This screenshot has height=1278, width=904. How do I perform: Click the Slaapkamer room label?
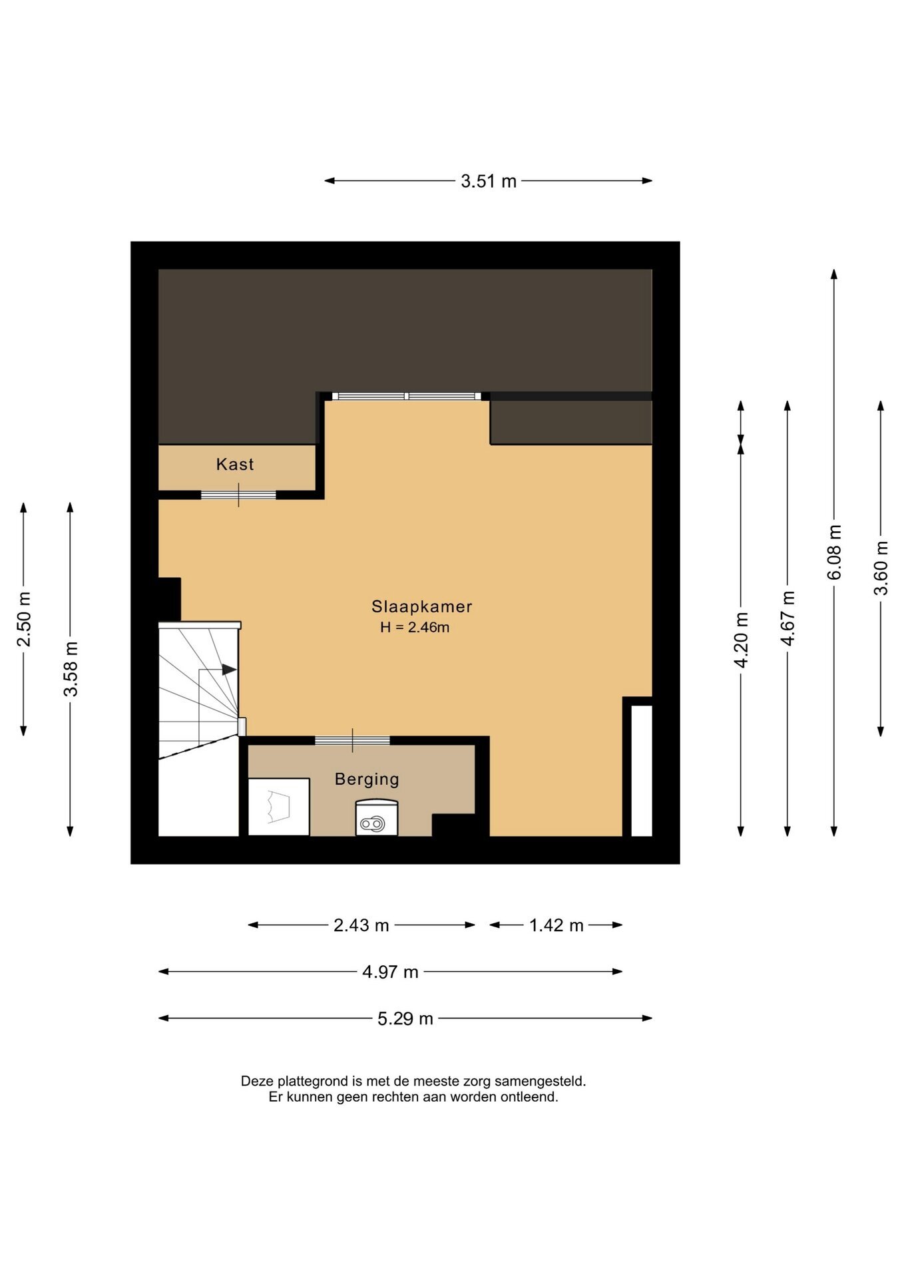pos(421,606)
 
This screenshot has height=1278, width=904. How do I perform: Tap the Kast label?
pos(235,464)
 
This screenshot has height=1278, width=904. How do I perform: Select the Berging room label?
pos(367,779)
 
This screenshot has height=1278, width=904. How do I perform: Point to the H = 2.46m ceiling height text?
pos(415,627)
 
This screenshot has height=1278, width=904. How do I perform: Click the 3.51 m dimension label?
pos(489,181)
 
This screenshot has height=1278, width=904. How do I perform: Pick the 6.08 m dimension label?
pos(834,552)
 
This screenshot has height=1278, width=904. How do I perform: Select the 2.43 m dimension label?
pos(361,925)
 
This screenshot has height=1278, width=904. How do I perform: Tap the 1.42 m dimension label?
pos(557,925)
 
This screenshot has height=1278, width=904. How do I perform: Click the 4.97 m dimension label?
pos(391,972)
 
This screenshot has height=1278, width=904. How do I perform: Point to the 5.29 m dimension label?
pos(405,1018)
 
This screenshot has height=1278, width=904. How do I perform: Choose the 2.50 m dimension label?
pos(24,619)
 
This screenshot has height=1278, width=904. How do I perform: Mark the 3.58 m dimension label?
pos(71,669)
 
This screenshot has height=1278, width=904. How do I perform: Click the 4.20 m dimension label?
pos(741,639)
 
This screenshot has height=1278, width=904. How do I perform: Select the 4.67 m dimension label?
pos(788,618)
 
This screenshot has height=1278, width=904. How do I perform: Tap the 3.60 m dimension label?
pos(881,568)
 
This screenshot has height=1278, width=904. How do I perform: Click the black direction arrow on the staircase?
pos(229,669)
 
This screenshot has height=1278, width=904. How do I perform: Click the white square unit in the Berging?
pos(279,807)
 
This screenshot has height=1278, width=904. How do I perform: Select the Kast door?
pos(238,495)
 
